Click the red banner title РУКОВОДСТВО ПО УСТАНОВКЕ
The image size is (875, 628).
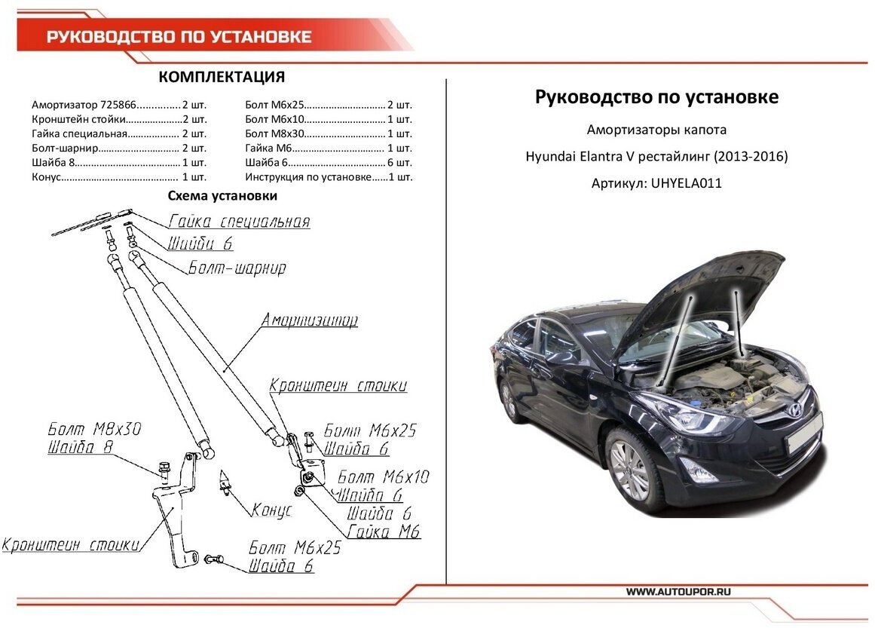[x=179, y=37]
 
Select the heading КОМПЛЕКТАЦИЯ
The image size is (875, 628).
[x=222, y=78]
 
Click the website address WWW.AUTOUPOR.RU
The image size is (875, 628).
[x=678, y=592]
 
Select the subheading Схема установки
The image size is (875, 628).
[x=222, y=196]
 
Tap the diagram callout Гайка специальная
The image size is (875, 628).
[x=239, y=222]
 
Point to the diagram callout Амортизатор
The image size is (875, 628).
[x=309, y=320]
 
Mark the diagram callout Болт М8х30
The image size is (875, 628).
[x=94, y=430]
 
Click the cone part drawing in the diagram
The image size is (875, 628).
[x=225, y=481]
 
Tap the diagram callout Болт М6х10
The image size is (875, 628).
[x=383, y=477]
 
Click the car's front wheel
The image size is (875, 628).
[x=629, y=467]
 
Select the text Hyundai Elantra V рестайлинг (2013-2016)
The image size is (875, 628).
[x=656, y=157]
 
